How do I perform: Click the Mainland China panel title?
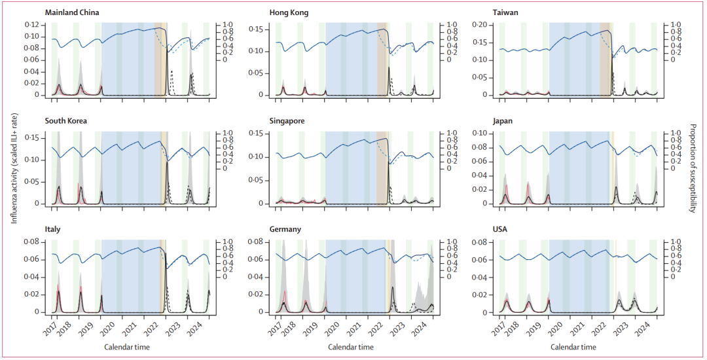coord(71,12)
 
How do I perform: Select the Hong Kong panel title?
coord(289,12)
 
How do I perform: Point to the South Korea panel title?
coord(66,121)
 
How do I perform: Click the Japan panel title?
coord(502,121)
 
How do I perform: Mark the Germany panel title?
coord(285,230)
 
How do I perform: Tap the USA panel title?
coord(500,230)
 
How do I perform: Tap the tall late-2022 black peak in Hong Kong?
coord(389,69)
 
